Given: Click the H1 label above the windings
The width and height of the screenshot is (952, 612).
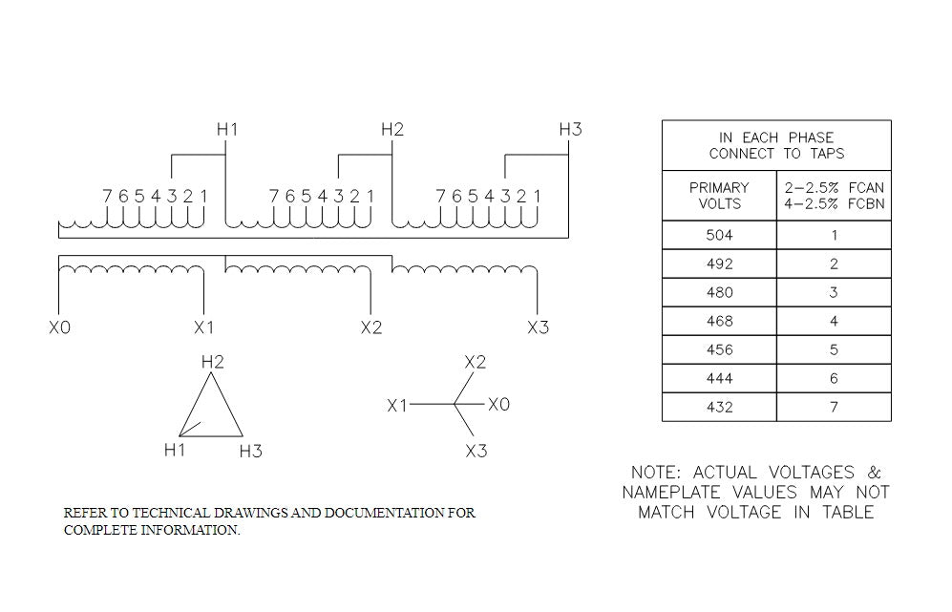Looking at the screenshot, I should coord(226,129).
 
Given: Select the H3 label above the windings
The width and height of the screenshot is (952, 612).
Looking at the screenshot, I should coord(570,129).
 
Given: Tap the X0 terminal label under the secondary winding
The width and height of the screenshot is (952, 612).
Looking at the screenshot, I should coord(59,327).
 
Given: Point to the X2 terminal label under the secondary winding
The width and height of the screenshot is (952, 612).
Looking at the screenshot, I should coord(371,327).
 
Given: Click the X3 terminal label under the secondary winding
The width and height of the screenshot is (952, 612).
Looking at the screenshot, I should coord(539,327).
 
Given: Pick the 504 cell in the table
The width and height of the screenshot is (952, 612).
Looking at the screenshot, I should coord(719,235).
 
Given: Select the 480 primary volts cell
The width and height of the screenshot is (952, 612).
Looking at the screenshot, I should coord(719,292).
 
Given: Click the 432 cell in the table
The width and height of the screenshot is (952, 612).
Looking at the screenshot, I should coord(719,407).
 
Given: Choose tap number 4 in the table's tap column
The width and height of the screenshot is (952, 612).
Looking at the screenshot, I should coord(834,321).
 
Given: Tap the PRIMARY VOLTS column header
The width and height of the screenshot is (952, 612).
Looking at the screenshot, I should coord(719,196).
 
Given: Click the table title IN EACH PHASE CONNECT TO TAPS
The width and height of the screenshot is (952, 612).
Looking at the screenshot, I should coord(776,145).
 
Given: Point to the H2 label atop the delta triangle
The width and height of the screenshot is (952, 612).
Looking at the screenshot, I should coord(212,362).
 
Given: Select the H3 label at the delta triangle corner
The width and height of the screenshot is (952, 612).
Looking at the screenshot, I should coord(250,451).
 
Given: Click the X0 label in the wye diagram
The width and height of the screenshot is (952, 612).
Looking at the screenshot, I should coord(499,405).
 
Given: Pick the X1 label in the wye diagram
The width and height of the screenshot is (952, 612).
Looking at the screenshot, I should coord(397,406).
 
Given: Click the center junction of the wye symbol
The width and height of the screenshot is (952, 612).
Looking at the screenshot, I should coord(455,405).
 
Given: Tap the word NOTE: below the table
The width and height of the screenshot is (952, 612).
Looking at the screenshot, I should coord(656,473).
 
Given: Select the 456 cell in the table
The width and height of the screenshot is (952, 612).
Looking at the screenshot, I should coord(719,349).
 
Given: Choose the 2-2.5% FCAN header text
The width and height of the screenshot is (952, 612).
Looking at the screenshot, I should coord(834,188).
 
